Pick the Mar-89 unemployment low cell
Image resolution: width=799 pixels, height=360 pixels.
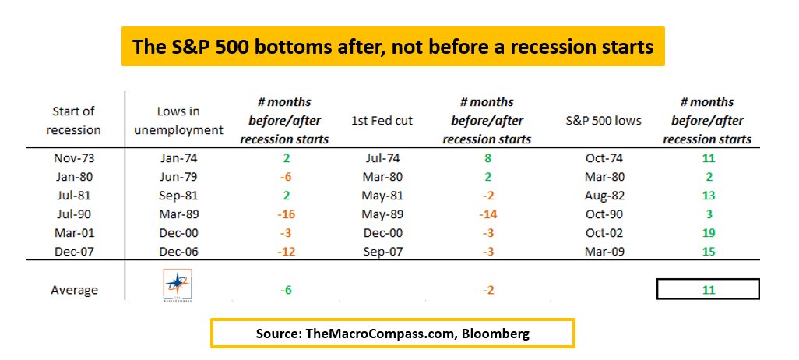(179, 215)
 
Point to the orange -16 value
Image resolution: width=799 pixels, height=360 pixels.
(283, 215)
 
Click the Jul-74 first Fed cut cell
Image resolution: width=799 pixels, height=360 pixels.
(382, 158)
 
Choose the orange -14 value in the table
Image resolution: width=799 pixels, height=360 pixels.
(487, 215)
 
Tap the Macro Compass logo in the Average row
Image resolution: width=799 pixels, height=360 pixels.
(179, 286)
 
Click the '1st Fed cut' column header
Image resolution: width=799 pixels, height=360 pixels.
(382, 121)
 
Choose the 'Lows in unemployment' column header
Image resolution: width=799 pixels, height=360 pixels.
(179, 121)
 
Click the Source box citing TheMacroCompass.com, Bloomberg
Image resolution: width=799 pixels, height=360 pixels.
(392, 333)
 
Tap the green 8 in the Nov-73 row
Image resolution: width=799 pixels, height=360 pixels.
(487, 158)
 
